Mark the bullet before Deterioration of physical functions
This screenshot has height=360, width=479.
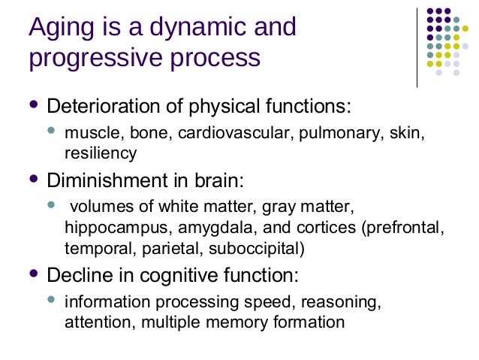pyautogui.click(x=32, y=102)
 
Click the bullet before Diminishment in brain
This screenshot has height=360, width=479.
pyautogui.click(x=32, y=179)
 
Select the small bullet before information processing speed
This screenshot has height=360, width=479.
pyautogui.click(x=51, y=301)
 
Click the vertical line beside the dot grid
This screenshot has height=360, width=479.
pyautogui.click(x=417, y=46)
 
